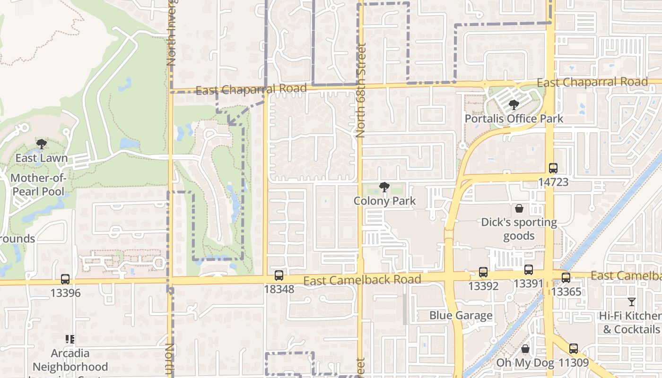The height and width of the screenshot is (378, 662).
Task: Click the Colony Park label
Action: coord(384,201)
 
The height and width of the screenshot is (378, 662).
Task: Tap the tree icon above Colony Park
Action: coord(384,188)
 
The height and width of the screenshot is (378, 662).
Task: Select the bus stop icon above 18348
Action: coord(279,275)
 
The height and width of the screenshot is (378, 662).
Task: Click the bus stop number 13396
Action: coord(65,293)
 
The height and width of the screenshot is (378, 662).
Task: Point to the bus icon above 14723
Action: coord(553,168)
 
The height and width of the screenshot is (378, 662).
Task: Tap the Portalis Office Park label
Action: coord(514,118)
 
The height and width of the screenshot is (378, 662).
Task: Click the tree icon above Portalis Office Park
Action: coord(514,105)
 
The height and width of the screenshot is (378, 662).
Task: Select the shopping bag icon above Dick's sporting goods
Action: coord(519,208)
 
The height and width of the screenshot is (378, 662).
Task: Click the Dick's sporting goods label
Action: coord(519,229)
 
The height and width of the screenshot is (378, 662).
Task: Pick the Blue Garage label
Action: coord(461,315)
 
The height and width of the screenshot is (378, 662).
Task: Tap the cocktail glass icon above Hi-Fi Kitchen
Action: coord(631,302)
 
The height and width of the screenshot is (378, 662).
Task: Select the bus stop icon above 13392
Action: coord(483,272)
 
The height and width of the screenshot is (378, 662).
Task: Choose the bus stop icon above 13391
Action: coord(528,270)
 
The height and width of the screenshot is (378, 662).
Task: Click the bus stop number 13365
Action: coord(566,292)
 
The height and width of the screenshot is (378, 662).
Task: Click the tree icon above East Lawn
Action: coord(42,145)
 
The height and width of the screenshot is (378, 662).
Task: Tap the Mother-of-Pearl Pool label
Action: coord(38,185)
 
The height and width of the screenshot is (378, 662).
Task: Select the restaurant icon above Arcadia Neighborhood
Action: coord(70,339)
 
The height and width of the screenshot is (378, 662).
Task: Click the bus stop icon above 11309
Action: coord(573,349)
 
